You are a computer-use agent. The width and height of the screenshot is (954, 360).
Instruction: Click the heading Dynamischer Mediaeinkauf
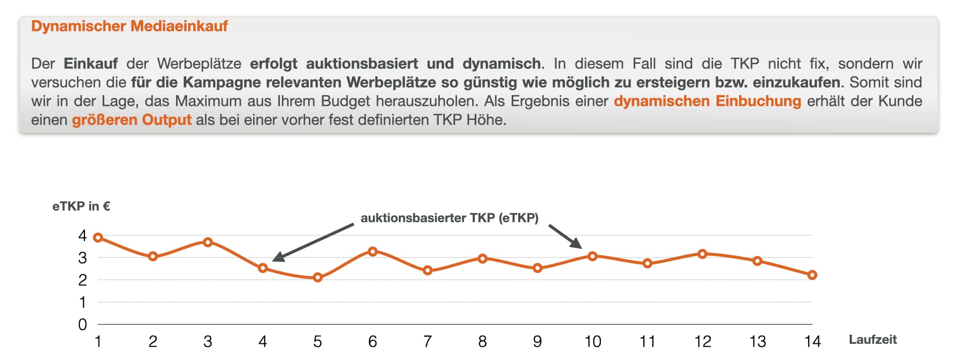pyautogui.click(x=129, y=26)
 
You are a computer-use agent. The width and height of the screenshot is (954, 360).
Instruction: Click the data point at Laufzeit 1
pyautogui.click(x=98, y=237)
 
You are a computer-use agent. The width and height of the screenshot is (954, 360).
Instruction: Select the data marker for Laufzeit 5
pyautogui.click(x=318, y=277)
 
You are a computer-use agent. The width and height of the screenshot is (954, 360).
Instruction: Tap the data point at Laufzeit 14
pyautogui.click(x=812, y=275)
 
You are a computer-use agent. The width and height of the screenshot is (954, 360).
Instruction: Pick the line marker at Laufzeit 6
pyautogui.click(x=372, y=251)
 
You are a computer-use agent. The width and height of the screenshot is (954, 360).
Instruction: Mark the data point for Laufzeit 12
pyautogui.click(x=702, y=254)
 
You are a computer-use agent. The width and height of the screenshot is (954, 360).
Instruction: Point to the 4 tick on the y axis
pyautogui.click(x=82, y=235)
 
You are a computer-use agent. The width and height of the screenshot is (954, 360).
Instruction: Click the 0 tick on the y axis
pyautogui.click(x=82, y=325)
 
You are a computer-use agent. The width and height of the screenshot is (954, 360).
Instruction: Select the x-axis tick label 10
pyautogui.click(x=593, y=342)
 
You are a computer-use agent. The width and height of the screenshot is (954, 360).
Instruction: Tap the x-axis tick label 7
pyautogui.click(x=428, y=342)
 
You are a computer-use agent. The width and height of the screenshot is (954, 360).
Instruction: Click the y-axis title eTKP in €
pyautogui.click(x=81, y=206)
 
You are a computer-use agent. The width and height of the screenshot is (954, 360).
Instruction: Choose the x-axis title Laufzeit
pyautogui.click(x=873, y=340)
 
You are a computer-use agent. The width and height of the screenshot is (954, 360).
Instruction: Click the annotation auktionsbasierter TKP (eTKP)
pyautogui.click(x=449, y=218)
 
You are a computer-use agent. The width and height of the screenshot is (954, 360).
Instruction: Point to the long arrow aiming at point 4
pyautogui.click(x=314, y=242)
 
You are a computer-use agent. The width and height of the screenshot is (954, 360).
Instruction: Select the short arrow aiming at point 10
pyautogui.click(x=565, y=236)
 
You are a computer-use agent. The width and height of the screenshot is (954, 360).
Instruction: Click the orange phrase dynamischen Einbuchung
pyautogui.click(x=707, y=101)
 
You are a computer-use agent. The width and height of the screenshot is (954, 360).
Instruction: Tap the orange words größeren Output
pyautogui.click(x=132, y=120)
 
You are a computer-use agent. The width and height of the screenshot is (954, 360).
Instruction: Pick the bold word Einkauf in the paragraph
pyautogui.click(x=91, y=64)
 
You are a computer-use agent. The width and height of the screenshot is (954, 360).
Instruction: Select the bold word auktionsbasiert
pyautogui.click(x=362, y=64)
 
